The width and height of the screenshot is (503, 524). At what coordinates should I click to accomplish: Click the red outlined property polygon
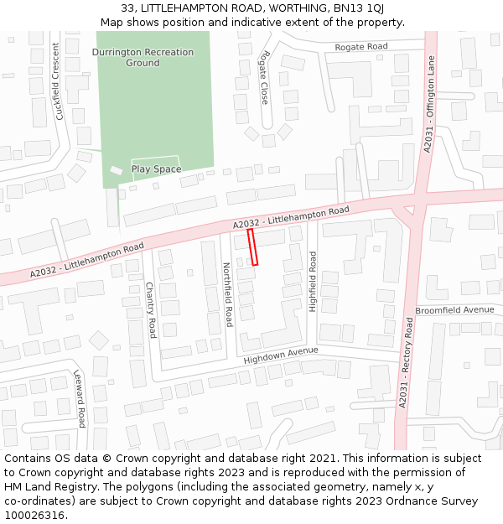(x=252, y=247)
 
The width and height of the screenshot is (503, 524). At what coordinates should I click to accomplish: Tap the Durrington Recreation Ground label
(x=143, y=57)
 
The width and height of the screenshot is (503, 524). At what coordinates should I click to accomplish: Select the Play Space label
(x=156, y=169)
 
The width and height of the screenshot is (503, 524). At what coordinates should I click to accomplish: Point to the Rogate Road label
(x=361, y=46)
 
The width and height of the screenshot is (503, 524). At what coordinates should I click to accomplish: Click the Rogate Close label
(x=265, y=76)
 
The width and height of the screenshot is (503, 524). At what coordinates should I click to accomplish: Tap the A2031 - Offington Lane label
(x=429, y=104)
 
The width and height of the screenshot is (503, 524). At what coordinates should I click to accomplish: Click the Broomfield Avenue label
(x=454, y=309)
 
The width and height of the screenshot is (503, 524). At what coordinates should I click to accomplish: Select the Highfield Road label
(x=314, y=282)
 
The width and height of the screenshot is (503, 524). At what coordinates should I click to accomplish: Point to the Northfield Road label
(x=226, y=293)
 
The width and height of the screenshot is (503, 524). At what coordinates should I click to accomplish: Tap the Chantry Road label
(x=151, y=309)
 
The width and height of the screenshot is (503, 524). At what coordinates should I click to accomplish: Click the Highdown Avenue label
(x=281, y=355)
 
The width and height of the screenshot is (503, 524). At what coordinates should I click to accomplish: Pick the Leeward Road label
(x=80, y=398)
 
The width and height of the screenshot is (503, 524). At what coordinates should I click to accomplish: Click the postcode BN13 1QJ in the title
(x=360, y=8)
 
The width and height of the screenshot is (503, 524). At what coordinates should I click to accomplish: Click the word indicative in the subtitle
(x=237, y=22)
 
